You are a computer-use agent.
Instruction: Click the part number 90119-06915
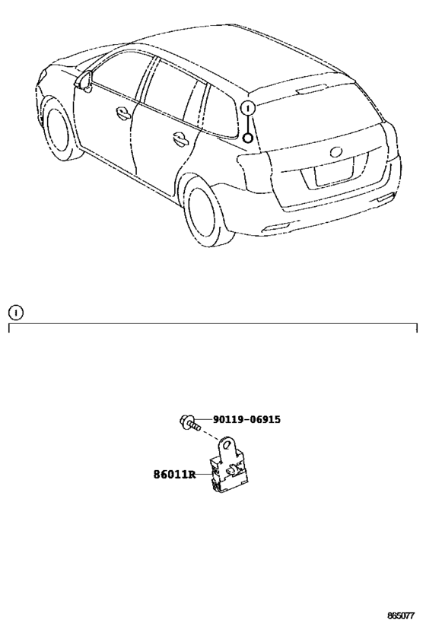(246, 419)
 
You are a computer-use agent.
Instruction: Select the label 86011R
(174, 474)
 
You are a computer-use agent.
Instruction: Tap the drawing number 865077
(401, 615)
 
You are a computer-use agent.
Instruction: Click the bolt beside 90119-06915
(189, 423)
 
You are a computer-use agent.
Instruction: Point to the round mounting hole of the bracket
(227, 444)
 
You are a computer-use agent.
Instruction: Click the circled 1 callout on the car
(247, 108)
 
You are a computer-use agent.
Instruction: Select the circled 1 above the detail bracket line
(16, 313)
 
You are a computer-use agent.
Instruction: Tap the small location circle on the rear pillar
(247, 138)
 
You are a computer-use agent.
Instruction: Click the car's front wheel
(59, 127)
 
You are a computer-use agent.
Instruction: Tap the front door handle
(123, 113)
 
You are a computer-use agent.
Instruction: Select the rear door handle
(182, 138)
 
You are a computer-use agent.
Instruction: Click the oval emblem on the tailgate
(335, 152)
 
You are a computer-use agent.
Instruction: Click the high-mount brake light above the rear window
(312, 89)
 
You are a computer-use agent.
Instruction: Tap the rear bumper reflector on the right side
(385, 198)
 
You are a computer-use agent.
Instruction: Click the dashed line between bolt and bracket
(210, 434)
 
